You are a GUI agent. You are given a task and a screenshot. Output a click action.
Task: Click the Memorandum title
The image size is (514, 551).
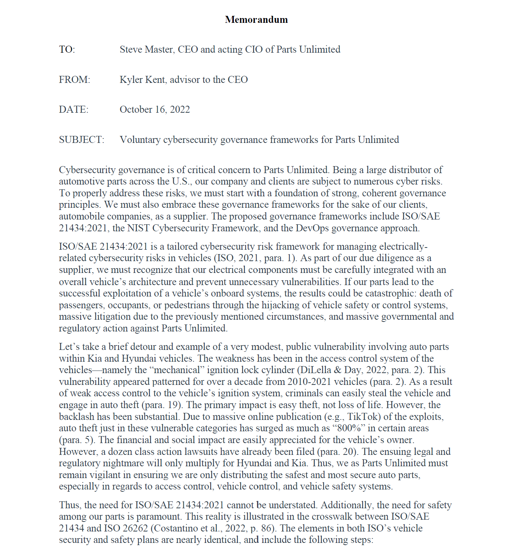[x=256, y=20]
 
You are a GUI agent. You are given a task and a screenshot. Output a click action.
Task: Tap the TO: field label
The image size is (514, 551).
[x=67, y=50]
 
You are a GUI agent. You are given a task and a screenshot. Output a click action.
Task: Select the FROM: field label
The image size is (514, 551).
[x=74, y=80]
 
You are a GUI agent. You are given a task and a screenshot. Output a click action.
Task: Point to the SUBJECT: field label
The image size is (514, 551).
[x=81, y=140]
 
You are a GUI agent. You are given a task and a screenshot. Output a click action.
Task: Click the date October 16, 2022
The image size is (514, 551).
[x=155, y=109]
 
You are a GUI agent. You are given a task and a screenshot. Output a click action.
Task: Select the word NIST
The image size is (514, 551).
[x=138, y=228]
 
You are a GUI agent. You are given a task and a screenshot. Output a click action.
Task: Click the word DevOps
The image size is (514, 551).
[x=312, y=228]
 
